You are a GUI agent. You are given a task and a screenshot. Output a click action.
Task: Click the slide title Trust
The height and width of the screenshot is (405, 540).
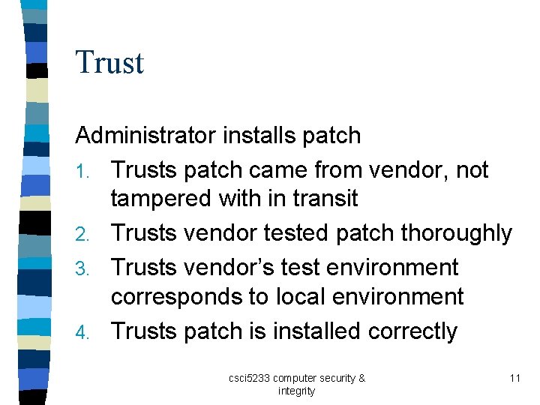109,62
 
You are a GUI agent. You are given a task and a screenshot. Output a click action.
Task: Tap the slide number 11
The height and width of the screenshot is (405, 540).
514,379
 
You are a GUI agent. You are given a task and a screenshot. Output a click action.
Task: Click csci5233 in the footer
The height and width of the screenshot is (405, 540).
251,379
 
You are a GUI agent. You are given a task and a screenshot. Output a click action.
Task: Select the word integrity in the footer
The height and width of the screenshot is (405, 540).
296,391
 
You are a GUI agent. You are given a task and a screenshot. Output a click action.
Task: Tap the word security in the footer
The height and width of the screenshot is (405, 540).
335,379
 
